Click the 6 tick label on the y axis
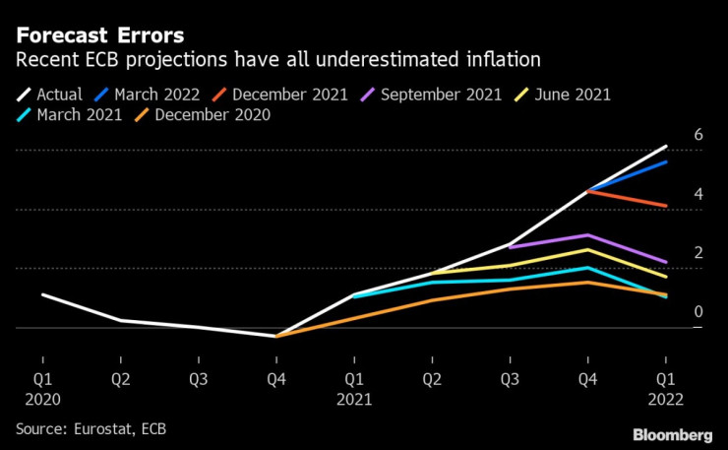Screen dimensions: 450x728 [698, 135]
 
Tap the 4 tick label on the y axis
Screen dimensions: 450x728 [698, 194]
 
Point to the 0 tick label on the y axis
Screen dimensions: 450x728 [698, 312]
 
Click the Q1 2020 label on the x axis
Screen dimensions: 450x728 [41, 388]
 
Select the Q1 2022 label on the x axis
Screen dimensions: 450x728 [665, 388]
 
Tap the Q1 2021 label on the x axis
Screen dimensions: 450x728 [353, 388]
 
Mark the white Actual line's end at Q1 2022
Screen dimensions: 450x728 [666, 146]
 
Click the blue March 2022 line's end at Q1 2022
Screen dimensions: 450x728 [666, 161]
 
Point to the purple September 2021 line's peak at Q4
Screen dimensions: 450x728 [587, 235]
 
